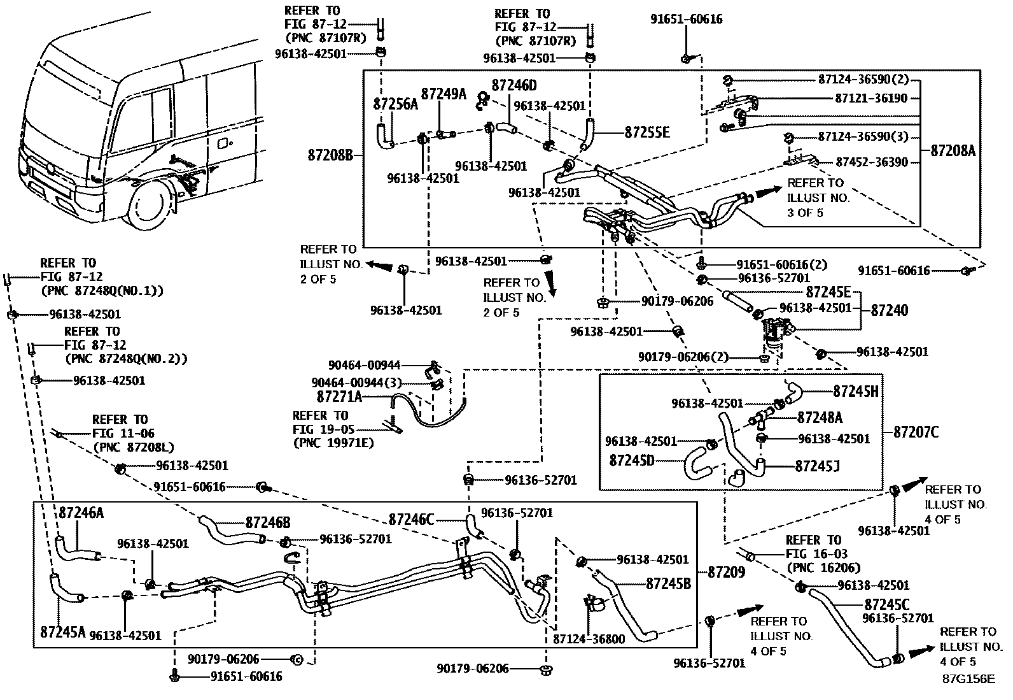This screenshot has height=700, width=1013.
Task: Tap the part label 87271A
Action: point(339,397)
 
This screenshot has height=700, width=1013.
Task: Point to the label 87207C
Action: point(916,432)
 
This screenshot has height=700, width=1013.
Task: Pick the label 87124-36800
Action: point(589,639)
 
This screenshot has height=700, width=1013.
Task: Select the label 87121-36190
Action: point(871,98)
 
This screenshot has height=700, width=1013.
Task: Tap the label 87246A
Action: point(81,512)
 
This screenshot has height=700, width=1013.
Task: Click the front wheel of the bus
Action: point(151,207)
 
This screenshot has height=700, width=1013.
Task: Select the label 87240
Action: point(890,310)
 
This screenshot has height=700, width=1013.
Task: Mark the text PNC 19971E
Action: point(334,443)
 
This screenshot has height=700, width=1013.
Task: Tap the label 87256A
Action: point(395,104)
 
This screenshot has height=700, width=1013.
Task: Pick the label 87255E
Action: point(647,132)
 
